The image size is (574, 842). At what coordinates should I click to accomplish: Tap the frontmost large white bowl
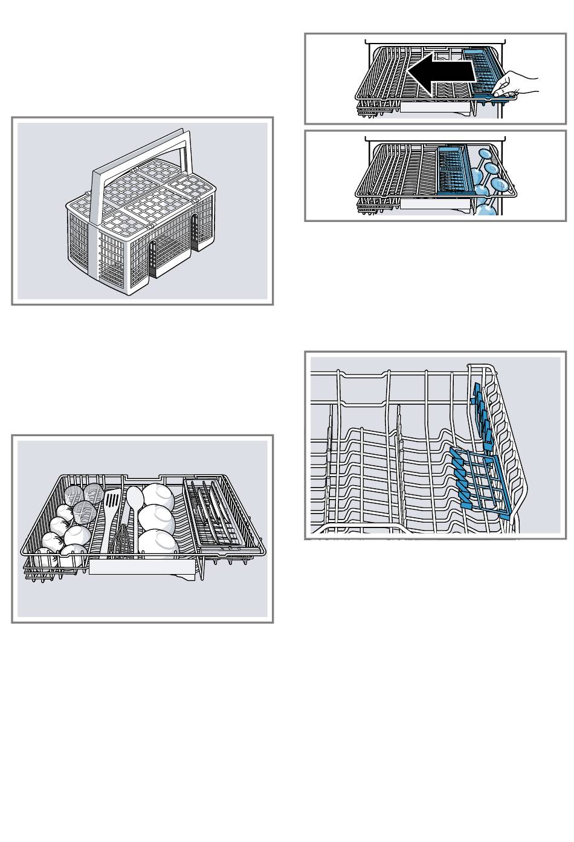[158, 541]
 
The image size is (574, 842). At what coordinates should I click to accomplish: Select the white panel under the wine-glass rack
[435, 203]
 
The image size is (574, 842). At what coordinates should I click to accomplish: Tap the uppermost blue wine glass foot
[484, 155]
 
